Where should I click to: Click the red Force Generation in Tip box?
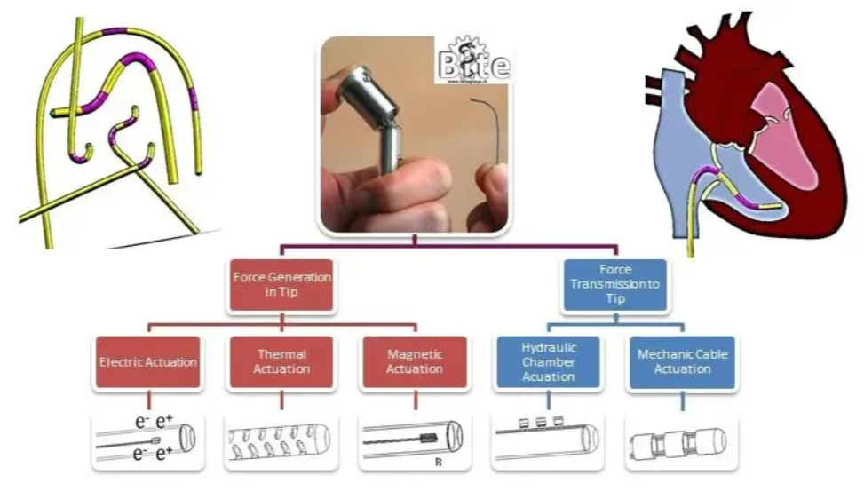pyautogui.click(x=282, y=285)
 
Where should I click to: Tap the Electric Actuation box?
pyautogui.click(x=147, y=362)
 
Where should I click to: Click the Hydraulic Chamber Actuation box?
pyautogui.click(x=548, y=361)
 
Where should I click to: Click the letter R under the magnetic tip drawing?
pyautogui.click(x=439, y=463)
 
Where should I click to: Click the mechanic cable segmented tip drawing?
pyautogui.click(x=682, y=440)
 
